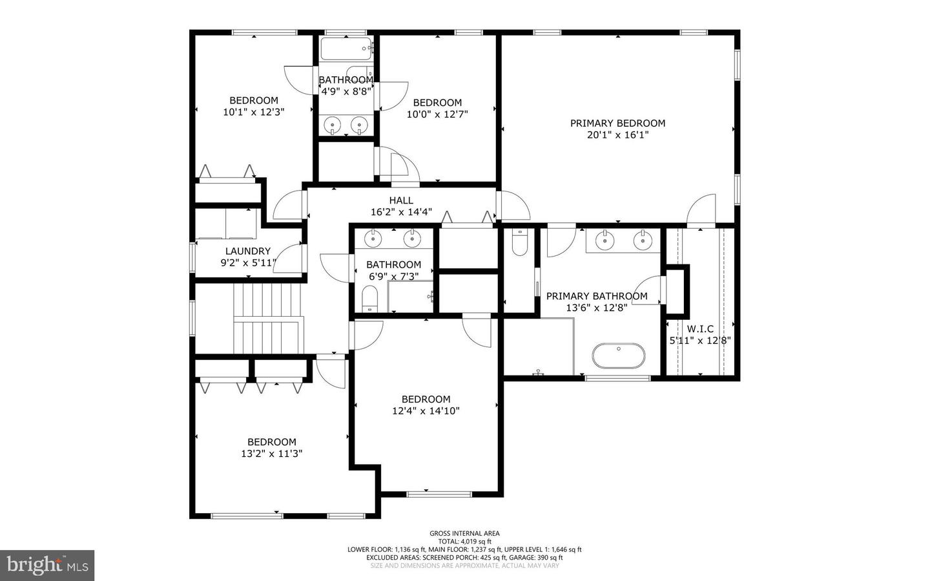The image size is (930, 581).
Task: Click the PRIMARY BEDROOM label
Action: (x=617, y=123)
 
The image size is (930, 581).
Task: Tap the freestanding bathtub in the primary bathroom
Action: (x=618, y=355)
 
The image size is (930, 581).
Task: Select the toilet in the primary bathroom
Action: (x=520, y=242)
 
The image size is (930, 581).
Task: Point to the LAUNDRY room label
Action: (x=248, y=251)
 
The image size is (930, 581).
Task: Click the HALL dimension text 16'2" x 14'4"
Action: (x=401, y=212)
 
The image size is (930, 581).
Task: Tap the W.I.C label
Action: (x=700, y=329)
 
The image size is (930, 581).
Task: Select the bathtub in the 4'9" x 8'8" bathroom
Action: (x=346, y=48)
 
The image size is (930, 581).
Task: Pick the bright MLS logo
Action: (x=47, y=565)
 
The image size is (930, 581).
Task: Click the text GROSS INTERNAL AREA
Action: (x=464, y=533)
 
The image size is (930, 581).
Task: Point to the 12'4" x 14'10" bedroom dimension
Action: (x=426, y=411)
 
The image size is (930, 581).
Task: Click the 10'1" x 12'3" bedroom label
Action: (x=254, y=100)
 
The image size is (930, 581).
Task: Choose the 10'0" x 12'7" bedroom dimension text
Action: (x=437, y=114)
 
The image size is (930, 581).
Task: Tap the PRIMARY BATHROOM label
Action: (x=597, y=296)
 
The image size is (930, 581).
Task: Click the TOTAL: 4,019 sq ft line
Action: (x=464, y=542)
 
